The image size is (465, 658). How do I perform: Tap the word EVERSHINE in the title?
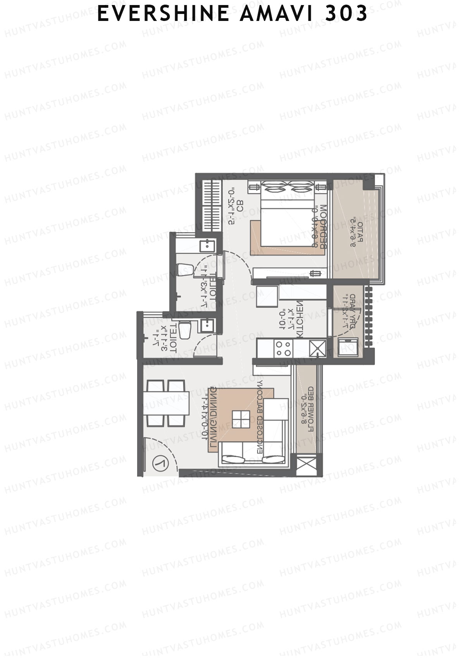[163, 14]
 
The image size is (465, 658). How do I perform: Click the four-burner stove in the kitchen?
[283, 348]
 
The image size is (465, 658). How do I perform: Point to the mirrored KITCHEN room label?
[300, 320]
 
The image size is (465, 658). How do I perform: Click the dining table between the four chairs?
[166, 403]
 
